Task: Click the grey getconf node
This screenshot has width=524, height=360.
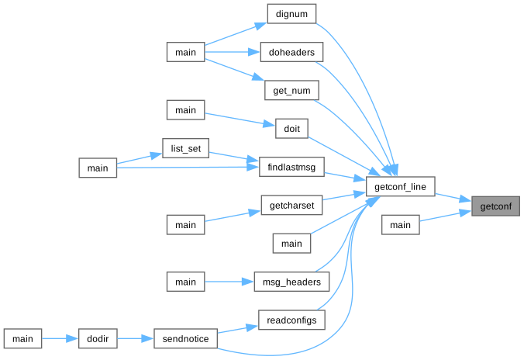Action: (x=495, y=206)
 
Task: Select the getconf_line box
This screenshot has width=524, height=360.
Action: (x=400, y=187)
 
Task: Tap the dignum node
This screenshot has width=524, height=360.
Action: (x=291, y=14)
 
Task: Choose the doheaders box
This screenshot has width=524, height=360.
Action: (x=291, y=52)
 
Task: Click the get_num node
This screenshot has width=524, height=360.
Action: (x=291, y=91)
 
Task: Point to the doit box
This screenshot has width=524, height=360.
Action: (x=291, y=129)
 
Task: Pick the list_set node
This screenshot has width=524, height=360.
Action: (x=185, y=148)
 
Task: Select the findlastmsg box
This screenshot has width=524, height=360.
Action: (x=291, y=168)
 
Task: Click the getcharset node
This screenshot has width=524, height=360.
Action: (x=291, y=206)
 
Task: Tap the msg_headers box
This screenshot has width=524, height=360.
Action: (x=291, y=282)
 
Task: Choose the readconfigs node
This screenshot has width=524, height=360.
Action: (x=291, y=320)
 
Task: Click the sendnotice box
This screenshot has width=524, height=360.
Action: (x=185, y=339)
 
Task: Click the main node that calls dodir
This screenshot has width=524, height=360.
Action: (x=22, y=339)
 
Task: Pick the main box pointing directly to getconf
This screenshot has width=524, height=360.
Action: (x=400, y=225)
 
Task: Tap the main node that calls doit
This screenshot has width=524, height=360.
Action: (x=185, y=110)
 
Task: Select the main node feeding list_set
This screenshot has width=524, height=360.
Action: (x=98, y=168)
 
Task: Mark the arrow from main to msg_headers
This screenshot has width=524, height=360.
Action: (x=229, y=282)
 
